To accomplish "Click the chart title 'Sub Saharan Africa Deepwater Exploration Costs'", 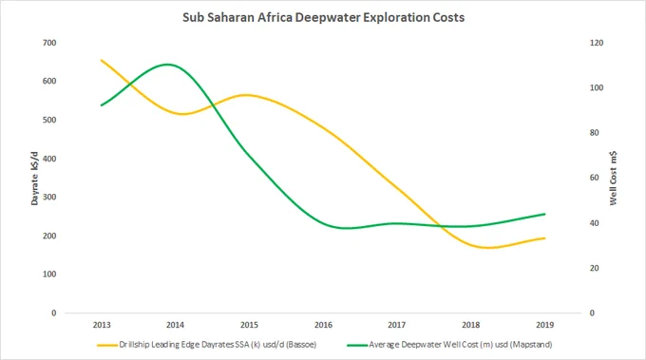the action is point(323,17).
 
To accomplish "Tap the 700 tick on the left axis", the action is point(49,43).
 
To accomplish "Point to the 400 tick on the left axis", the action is point(49,159).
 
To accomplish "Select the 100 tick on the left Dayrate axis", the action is point(49,275).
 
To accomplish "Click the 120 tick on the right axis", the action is point(597,43).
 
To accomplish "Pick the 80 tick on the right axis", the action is point(594,133).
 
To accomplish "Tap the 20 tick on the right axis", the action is point(594,268).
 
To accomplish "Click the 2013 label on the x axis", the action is point(102,325).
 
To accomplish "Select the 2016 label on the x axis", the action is point(323,325).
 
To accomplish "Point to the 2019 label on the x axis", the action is point(544,325).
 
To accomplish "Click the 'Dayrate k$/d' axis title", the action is point(34,179).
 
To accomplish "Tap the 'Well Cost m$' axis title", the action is point(614,179).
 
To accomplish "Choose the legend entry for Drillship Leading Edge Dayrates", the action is point(207,345).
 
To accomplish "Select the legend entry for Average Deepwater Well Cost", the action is point(449,345).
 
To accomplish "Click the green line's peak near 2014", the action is point(168,65).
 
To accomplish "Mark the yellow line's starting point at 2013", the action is point(102,60).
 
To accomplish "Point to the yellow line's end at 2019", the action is point(544,238).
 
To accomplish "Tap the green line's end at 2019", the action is point(544,214).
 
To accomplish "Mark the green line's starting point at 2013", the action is point(102,105).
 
